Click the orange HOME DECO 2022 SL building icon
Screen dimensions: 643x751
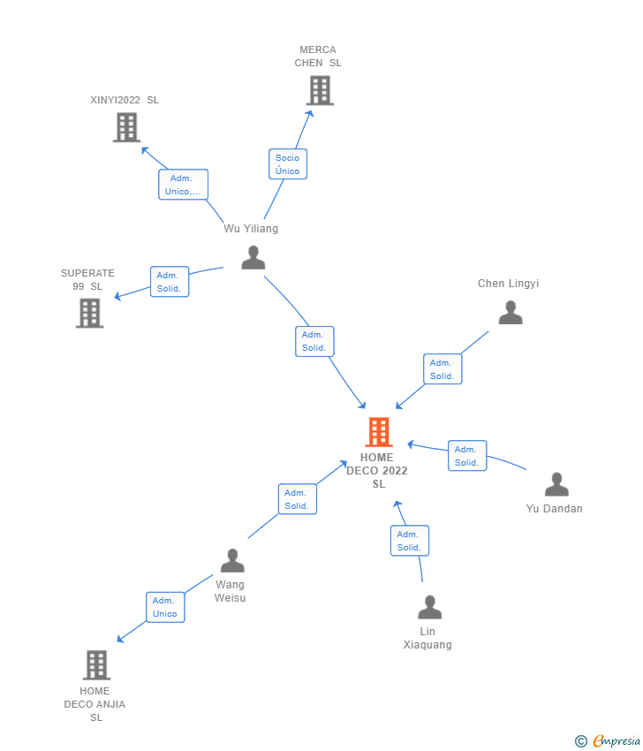tap(378, 432)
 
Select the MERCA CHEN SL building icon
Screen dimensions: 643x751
tap(320, 90)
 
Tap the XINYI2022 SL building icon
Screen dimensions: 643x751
tap(127, 127)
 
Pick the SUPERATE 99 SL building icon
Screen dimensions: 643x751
tap(89, 313)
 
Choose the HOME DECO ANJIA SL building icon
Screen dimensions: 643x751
tap(96, 664)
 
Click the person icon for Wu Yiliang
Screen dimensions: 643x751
tap(253, 257)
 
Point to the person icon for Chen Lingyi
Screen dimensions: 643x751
tap(511, 313)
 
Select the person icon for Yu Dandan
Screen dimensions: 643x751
tap(556, 484)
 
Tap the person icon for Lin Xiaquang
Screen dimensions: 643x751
tap(430, 607)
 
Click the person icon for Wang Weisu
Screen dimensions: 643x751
tap(232, 560)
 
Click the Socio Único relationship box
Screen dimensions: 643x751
tap(287, 164)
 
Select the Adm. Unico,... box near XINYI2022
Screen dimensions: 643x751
tap(183, 185)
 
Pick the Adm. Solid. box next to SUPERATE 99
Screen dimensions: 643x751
tap(170, 282)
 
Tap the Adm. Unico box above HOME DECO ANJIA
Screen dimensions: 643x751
tap(165, 607)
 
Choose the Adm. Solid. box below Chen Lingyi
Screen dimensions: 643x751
tap(443, 369)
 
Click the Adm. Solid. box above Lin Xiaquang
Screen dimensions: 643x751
tap(409, 541)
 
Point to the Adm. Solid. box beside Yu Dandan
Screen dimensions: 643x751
tap(467, 456)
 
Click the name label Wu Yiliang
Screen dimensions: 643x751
tap(251, 229)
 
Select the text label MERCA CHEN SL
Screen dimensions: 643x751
tap(318, 57)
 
